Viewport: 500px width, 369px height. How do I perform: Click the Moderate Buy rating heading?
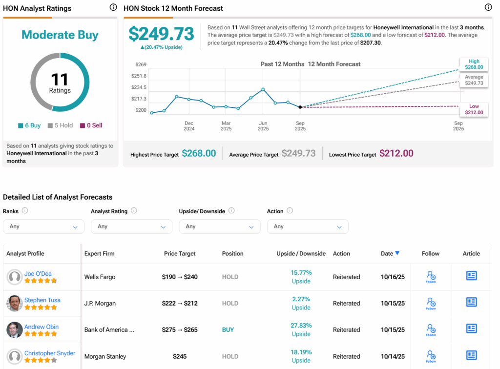click(x=60, y=35)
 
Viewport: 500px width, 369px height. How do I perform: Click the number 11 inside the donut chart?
click(x=60, y=79)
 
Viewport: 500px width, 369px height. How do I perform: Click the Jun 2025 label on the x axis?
click(x=263, y=126)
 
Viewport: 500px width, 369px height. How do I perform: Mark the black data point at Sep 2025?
click(x=300, y=107)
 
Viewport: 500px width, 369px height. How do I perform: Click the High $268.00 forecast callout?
click(x=474, y=64)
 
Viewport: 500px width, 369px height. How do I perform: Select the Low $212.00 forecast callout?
click(x=474, y=109)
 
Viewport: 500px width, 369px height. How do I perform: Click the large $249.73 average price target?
click(x=161, y=34)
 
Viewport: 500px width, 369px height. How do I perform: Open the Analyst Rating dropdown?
click(x=131, y=226)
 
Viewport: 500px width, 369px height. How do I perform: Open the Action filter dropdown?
click(x=308, y=226)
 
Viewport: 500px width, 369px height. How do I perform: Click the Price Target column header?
click(x=180, y=254)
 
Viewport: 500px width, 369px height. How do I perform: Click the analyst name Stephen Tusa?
click(x=42, y=300)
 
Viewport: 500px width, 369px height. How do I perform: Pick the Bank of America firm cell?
click(x=109, y=330)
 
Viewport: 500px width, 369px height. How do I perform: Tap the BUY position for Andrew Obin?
click(x=228, y=330)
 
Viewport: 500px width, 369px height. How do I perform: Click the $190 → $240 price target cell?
click(x=180, y=277)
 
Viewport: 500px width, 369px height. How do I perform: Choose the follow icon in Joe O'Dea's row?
click(x=431, y=277)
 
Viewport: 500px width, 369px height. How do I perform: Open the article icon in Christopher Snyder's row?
click(x=471, y=355)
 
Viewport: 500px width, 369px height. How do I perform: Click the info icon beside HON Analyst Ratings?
click(x=113, y=7)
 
